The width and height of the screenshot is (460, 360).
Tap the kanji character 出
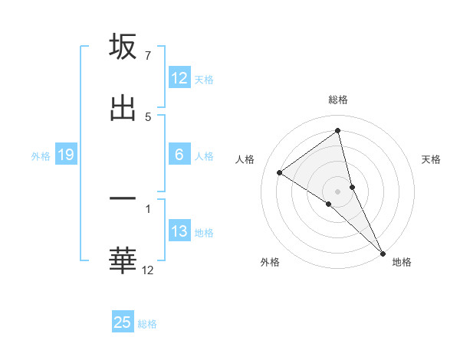tap(123, 108)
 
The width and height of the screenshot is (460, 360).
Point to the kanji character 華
tap(123, 260)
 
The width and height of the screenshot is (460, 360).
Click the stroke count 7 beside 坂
tap(148, 56)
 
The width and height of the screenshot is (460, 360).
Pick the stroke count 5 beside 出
tap(148, 117)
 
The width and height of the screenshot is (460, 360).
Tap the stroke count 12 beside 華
tap(148, 270)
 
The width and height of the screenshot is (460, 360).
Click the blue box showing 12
tap(179, 78)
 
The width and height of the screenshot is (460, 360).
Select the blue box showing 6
tap(179, 155)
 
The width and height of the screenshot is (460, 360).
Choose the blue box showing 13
tap(179, 231)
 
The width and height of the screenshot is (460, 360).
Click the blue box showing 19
tap(66, 155)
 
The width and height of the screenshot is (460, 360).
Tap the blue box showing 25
tap(123, 322)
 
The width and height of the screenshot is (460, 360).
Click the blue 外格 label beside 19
tap(41, 155)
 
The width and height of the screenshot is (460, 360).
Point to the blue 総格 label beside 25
tap(147, 324)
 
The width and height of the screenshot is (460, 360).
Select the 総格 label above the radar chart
tap(338, 100)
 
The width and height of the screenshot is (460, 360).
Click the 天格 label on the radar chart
tap(432, 159)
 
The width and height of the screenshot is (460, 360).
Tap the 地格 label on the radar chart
tap(402, 262)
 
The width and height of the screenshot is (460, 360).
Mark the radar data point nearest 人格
tap(280, 172)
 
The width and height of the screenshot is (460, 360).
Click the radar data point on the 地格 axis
tap(383, 252)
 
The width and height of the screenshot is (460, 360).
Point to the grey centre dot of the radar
tap(338, 191)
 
